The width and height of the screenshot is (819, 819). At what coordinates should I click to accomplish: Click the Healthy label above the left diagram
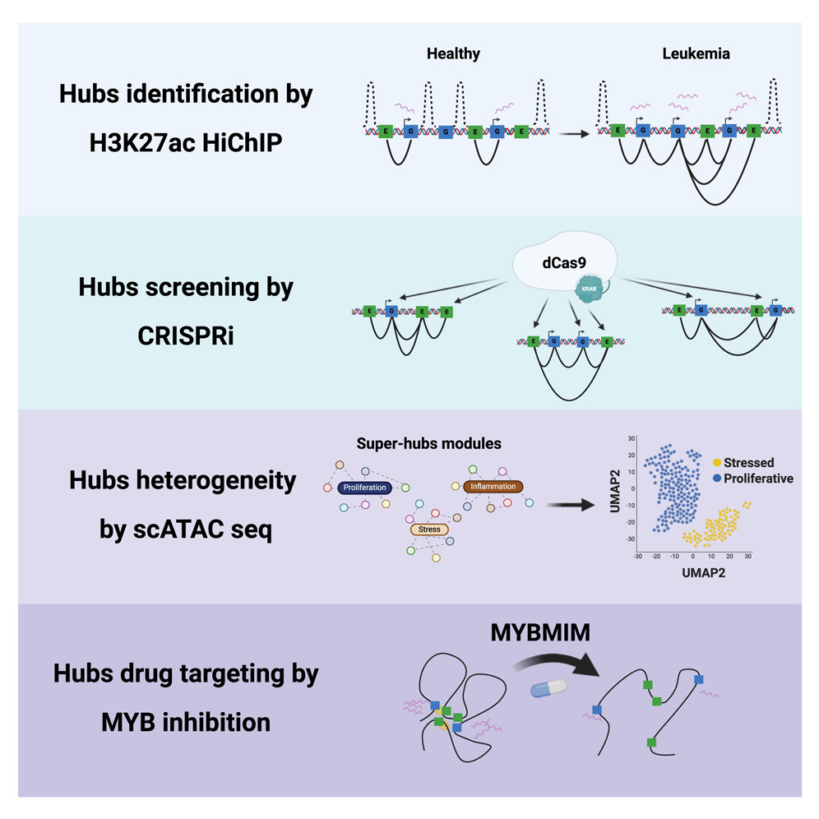coord(453,54)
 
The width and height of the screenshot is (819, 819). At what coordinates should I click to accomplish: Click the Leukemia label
coord(696,54)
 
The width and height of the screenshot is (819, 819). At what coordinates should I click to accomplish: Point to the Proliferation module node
coord(366,488)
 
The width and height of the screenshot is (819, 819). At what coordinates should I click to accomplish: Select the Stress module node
coord(429,529)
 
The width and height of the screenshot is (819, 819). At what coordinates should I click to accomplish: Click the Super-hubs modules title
coord(428,444)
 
